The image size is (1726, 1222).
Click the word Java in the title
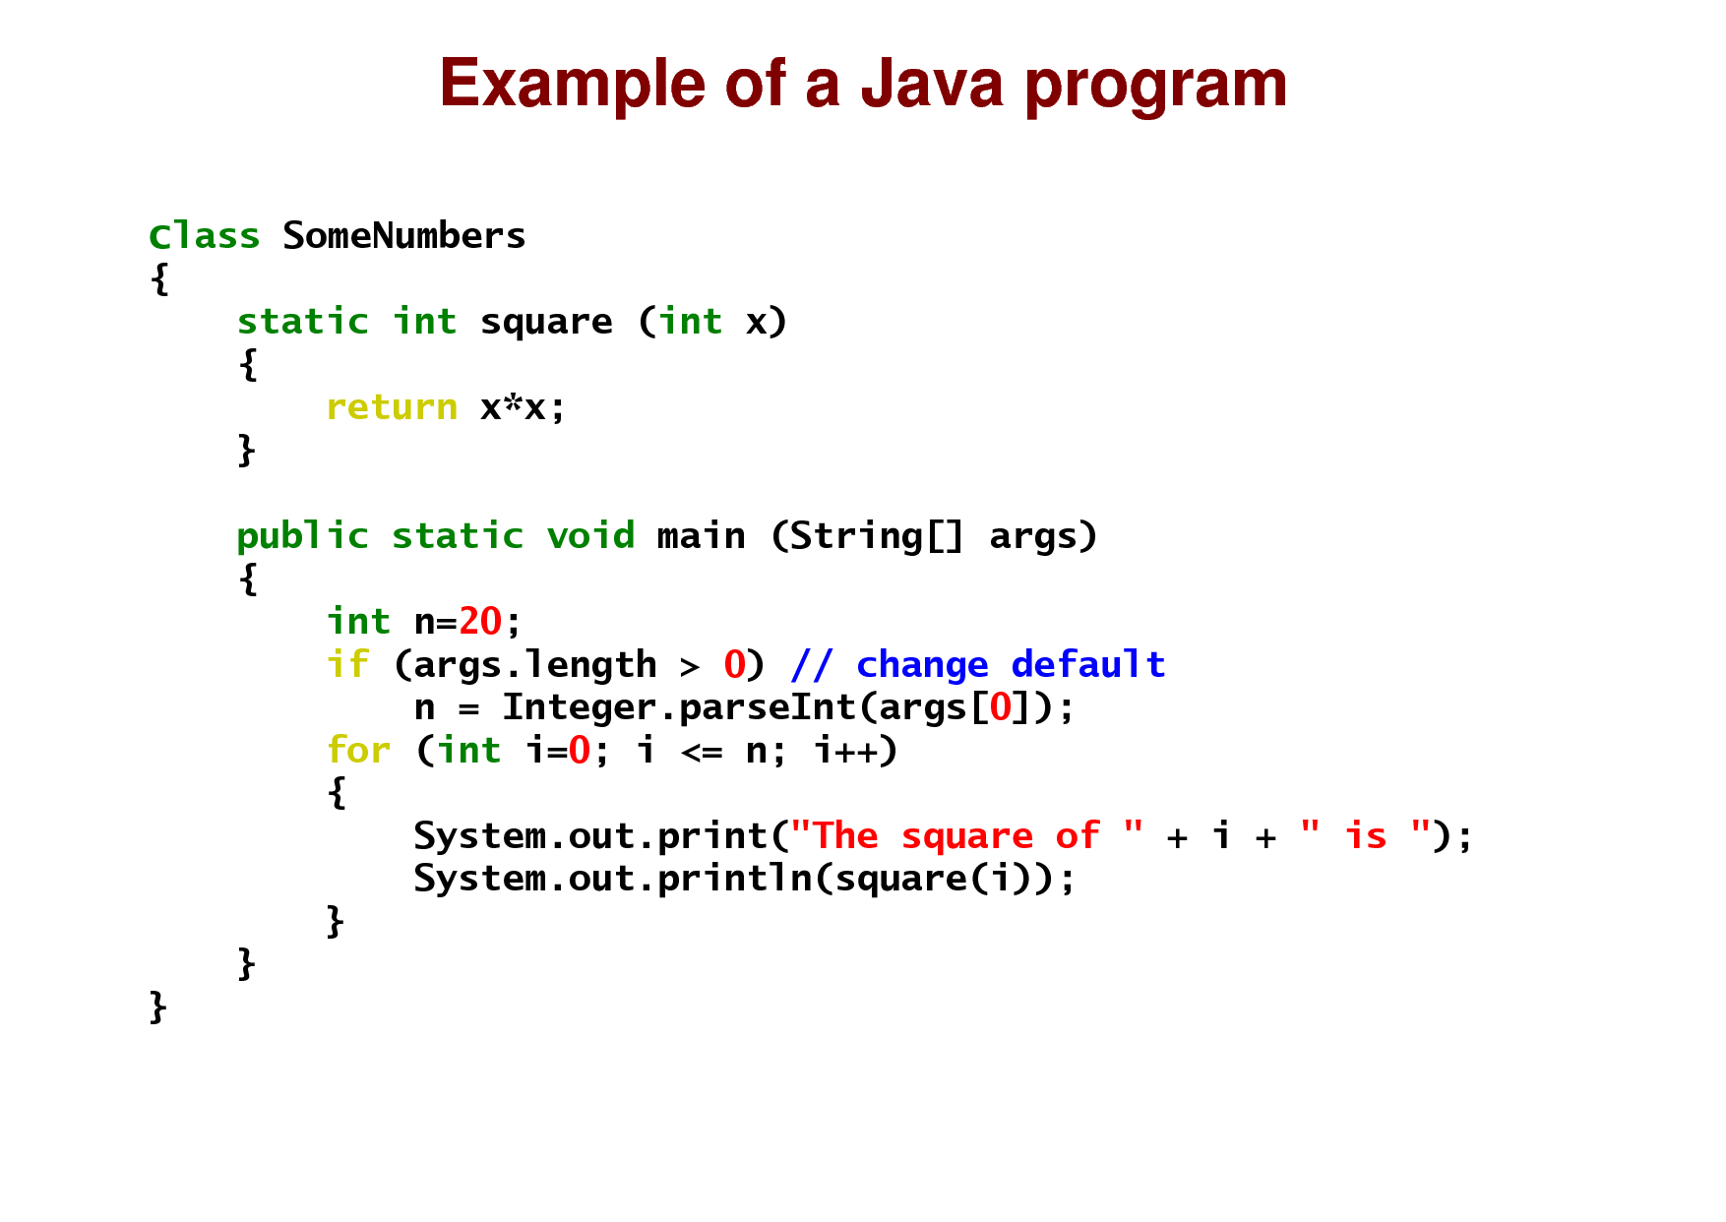click(x=932, y=84)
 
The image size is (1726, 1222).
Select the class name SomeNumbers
click(x=403, y=236)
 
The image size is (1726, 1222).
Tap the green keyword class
click(x=204, y=236)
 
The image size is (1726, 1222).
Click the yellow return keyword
click(x=392, y=407)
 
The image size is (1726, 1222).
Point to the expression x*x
click(x=512, y=407)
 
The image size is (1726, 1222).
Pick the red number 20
click(x=480, y=622)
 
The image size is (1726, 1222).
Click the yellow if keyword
click(x=347, y=665)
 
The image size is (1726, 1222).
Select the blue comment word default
click(x=1087, y=665)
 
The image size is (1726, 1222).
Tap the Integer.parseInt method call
click(x=679, y=707)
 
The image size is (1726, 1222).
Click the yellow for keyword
click(x=358, y=751)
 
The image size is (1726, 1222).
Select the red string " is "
click(x=1365, y=836)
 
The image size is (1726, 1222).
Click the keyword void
click(x=590, y=536)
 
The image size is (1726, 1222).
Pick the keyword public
click(x=302, y=537)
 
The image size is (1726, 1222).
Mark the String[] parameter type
click(x=876, y=537)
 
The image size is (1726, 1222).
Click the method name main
click(x=701, y=536)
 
